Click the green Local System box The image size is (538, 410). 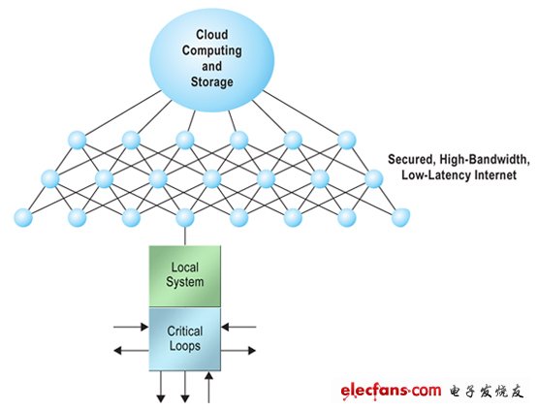coord(184,274)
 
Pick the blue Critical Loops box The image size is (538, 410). coord(184,337)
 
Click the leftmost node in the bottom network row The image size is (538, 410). coord(20,216)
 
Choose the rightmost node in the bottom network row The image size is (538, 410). coord(398,216)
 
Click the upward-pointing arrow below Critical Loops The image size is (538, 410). coord(210,385)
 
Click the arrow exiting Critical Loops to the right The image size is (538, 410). coord(239,349)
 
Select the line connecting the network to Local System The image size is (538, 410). coord(184,234)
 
